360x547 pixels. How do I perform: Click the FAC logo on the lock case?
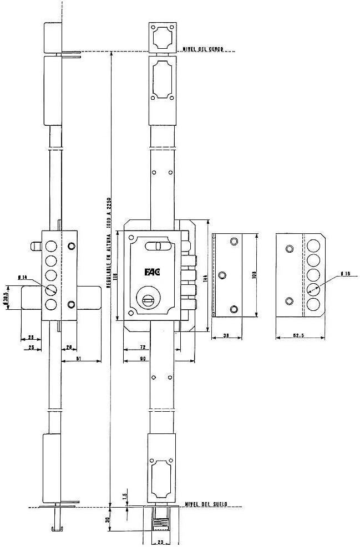151,272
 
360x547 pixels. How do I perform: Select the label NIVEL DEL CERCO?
203,49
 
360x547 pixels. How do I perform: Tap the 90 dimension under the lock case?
143,359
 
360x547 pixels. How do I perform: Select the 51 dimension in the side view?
78,359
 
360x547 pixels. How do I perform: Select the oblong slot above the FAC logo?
156,246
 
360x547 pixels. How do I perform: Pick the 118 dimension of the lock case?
116,275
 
